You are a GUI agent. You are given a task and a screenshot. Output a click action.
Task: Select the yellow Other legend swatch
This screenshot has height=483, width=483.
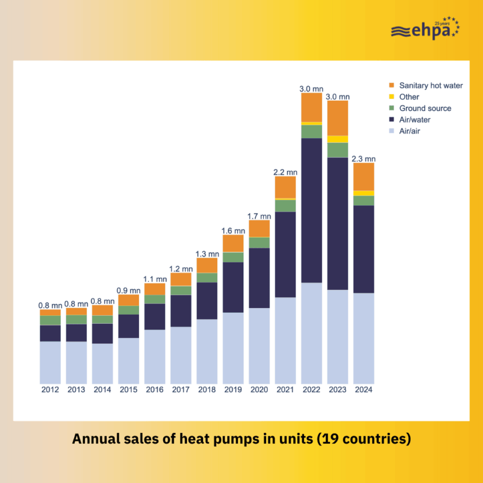tap(392, 97)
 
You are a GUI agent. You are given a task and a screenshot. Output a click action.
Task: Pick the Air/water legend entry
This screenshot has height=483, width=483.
tap(414, 120)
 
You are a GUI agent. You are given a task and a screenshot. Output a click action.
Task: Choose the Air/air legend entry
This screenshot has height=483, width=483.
tap(410, 132)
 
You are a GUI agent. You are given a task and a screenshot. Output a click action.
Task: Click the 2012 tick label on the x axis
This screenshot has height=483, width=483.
tap(50, 390)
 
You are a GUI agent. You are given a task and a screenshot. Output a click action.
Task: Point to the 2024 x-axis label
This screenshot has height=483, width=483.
tap(363, 390)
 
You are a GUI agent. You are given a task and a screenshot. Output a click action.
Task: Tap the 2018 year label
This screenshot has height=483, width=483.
tap(207, 390)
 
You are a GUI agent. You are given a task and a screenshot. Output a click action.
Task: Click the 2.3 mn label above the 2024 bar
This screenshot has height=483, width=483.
tap(363, 159)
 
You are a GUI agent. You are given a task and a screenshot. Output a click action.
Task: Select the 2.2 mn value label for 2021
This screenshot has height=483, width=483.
tap(285, 172)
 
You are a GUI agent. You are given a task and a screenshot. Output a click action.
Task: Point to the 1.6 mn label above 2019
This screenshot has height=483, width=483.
tap(233, 231)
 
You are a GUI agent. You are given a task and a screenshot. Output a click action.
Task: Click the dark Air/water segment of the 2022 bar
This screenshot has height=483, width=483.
tap(311, 210)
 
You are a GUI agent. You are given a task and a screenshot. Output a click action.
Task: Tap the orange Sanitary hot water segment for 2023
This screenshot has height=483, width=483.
tap(338, 118)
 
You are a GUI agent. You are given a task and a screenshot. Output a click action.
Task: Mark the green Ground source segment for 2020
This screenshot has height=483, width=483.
tap(259, 243)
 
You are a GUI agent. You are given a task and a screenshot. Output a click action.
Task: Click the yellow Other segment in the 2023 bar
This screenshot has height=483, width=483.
tap(338, 139)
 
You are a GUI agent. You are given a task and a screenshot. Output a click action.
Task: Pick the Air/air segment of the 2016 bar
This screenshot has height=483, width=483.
tap(155, 356)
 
